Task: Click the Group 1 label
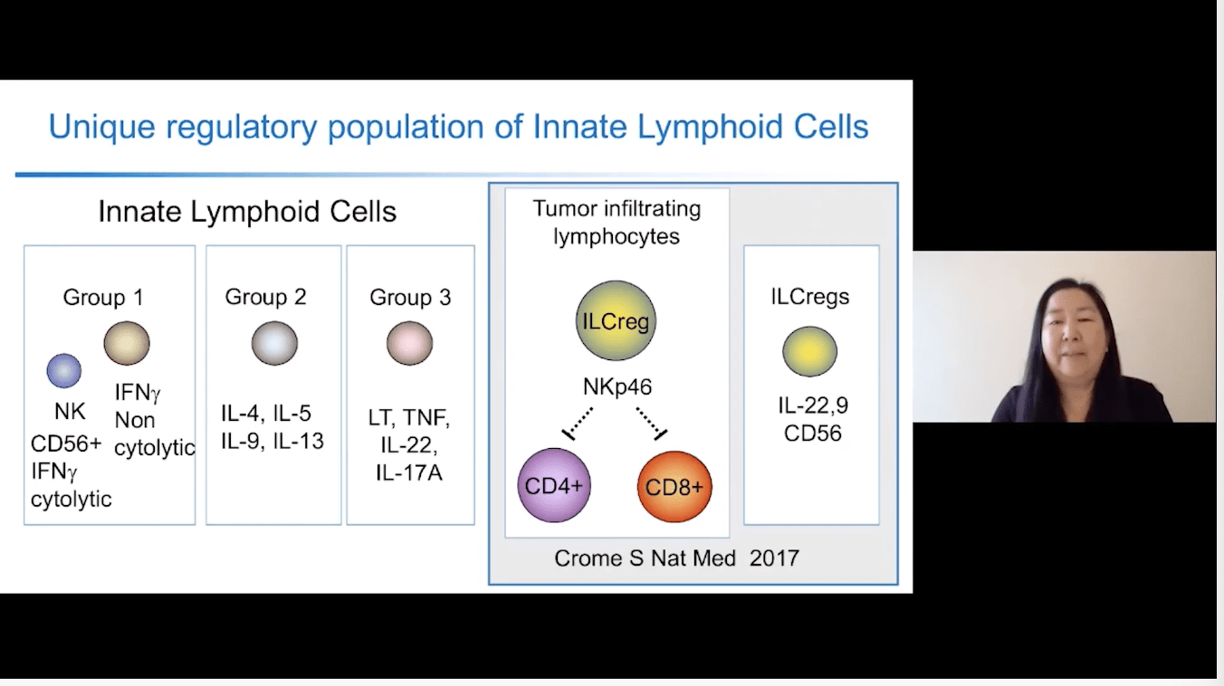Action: click(x=103, y=297)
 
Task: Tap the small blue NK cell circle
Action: click(x=64, y=370)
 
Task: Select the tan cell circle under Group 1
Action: click(x=127, y=344)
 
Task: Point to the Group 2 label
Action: click(x=265, y=297)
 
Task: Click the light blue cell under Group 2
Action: click(x=274, y=344)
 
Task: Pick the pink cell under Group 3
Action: click(x=410, y=344)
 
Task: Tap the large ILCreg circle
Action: click(x=616, y=320)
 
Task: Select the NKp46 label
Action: click(x=617, y=388)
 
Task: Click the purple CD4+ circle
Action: click(x=553, y=486)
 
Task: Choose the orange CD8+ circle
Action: click(x=674, y=486)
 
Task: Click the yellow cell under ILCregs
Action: click(x=810, y=352)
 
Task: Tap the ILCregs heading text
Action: click(x=810, y=297)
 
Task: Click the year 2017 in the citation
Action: click(x=774, y=557)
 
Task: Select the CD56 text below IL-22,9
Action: click(x=813, y=434)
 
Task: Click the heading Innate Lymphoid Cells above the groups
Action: click(x=247, y=212)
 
